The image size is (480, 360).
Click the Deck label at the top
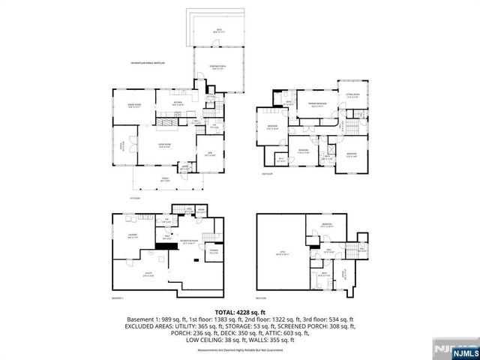click(219, 31)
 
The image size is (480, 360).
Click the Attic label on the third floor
click(281, 253)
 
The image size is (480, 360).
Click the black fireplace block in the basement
click(162, 244)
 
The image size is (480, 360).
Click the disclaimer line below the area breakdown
click(240, 350)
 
